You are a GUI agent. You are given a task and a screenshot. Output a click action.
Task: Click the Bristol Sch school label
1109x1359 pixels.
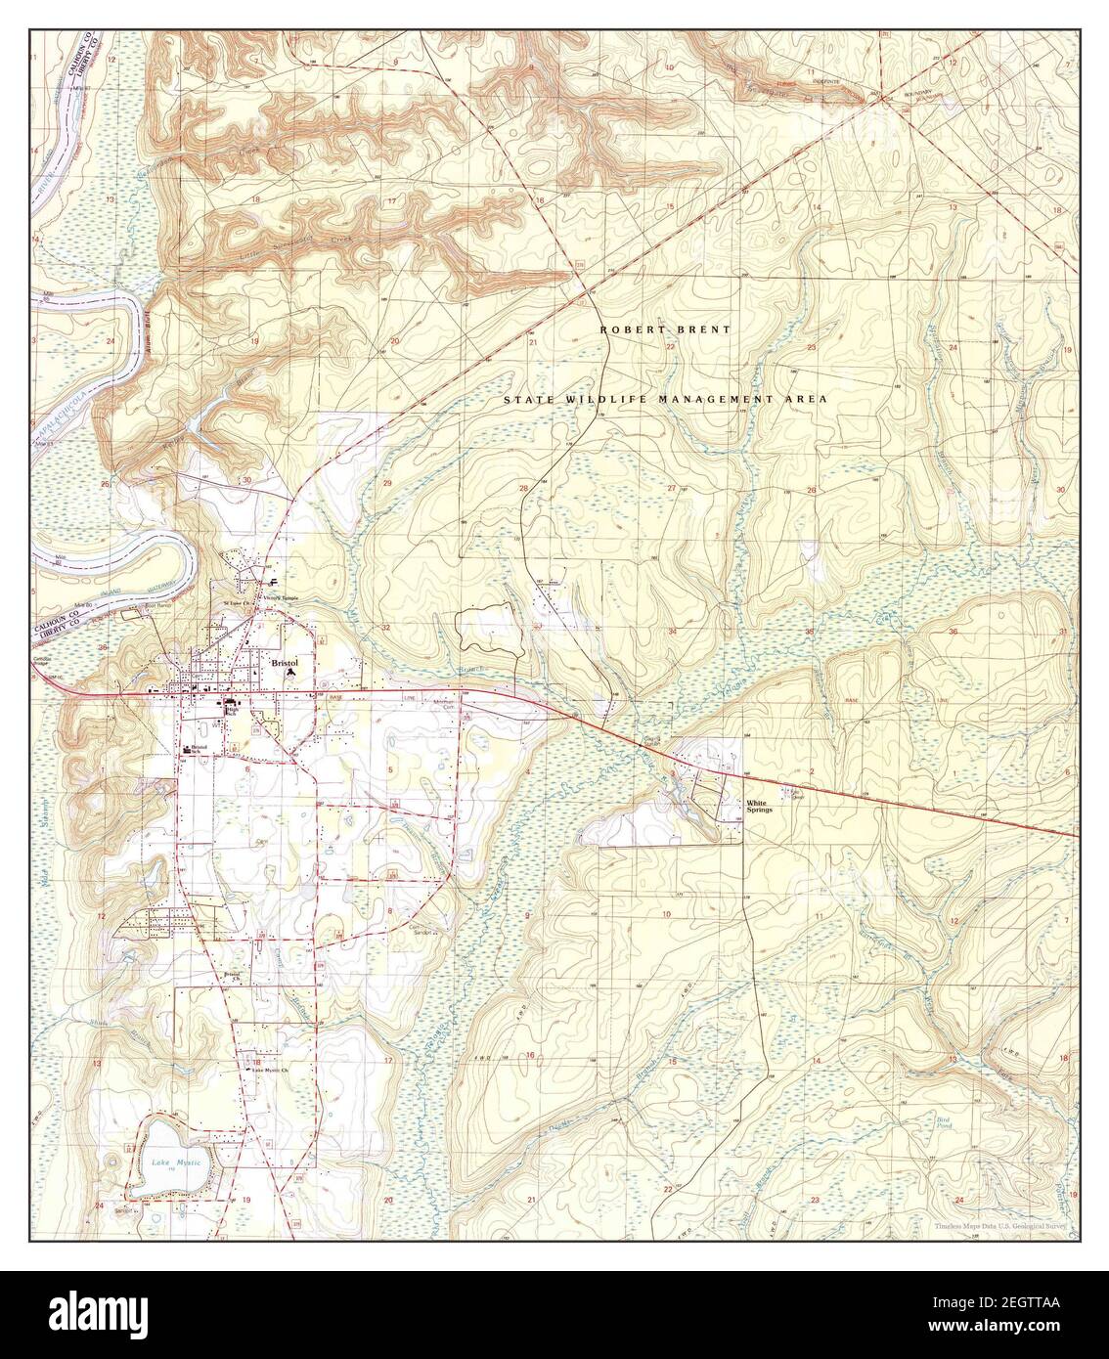click(x=201, y=750)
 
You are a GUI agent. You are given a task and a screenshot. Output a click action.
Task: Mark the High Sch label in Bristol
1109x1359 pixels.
click(x=232, y=711)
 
